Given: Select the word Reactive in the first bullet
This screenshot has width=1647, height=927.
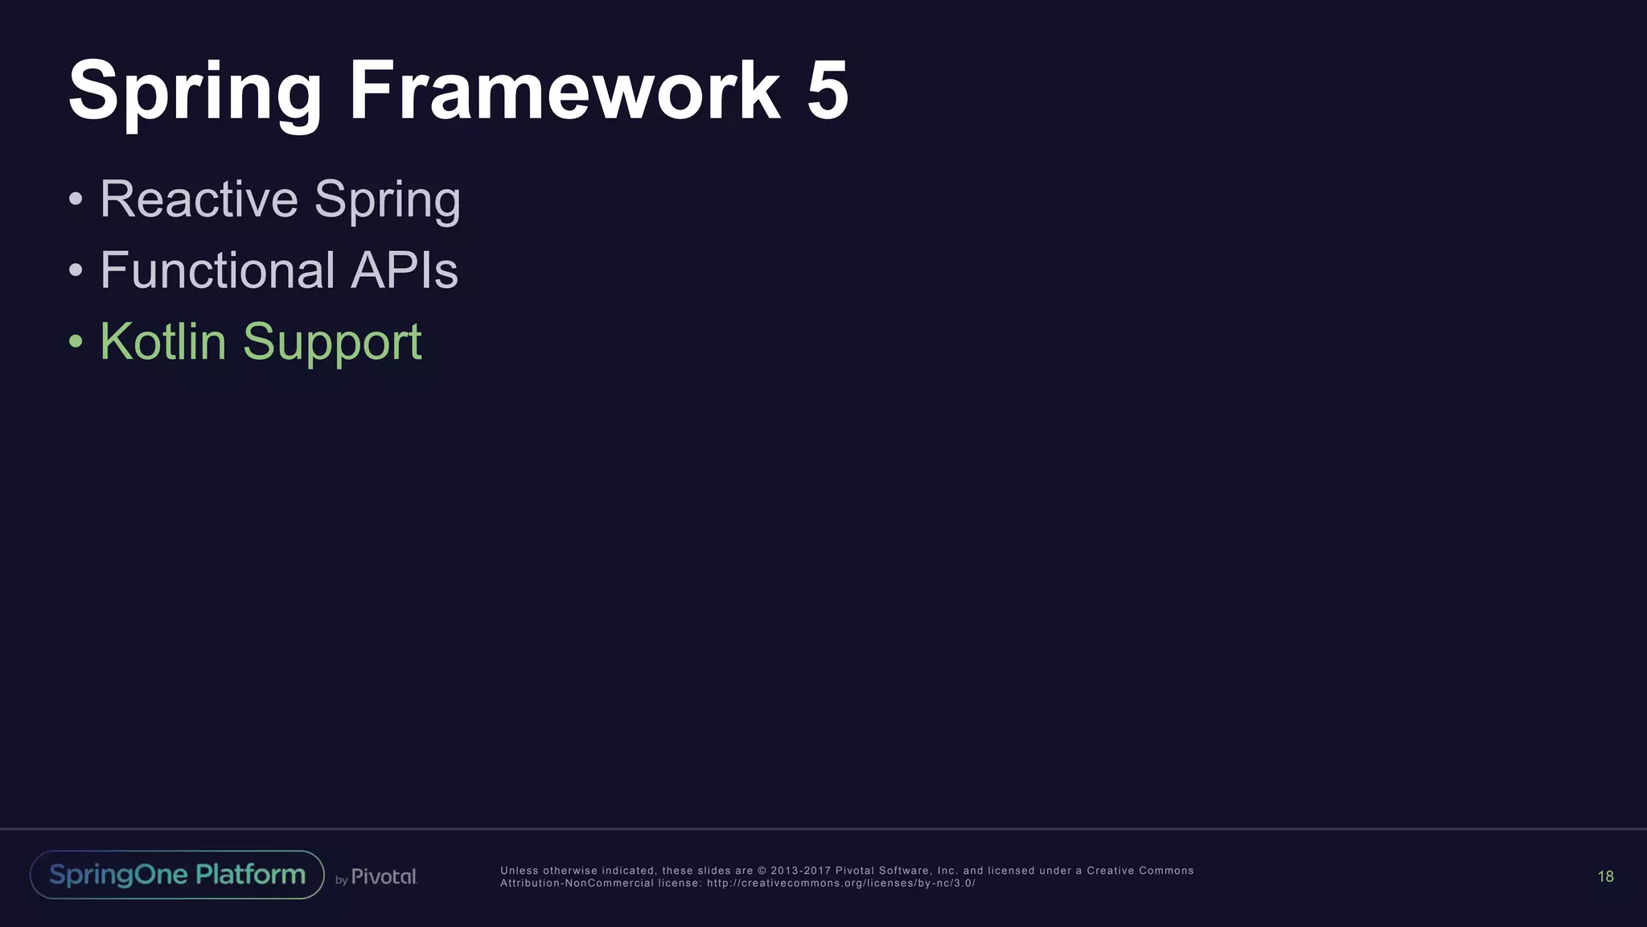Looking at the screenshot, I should (x=199, y=199).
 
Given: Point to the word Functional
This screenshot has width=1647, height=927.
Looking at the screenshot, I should (x=217, y=270).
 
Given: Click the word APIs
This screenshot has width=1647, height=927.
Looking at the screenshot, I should (x=405, y=270).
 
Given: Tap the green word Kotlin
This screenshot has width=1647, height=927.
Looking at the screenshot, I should (x=163, y=341).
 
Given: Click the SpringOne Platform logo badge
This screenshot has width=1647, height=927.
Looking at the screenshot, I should (x=177, y=875).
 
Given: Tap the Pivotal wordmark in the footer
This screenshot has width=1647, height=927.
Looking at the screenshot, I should (x=384, y=877).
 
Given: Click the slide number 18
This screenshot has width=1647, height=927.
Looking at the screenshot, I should (x=1605, y=876).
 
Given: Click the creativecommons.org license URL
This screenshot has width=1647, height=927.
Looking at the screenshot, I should (x=840, y=884).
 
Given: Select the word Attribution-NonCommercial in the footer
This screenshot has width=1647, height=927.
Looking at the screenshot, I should (x=577, y=884).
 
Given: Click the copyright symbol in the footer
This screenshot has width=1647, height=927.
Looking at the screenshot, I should (x=762, y=871).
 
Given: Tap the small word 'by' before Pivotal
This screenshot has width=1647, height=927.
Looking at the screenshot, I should (x=341, y=880).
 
